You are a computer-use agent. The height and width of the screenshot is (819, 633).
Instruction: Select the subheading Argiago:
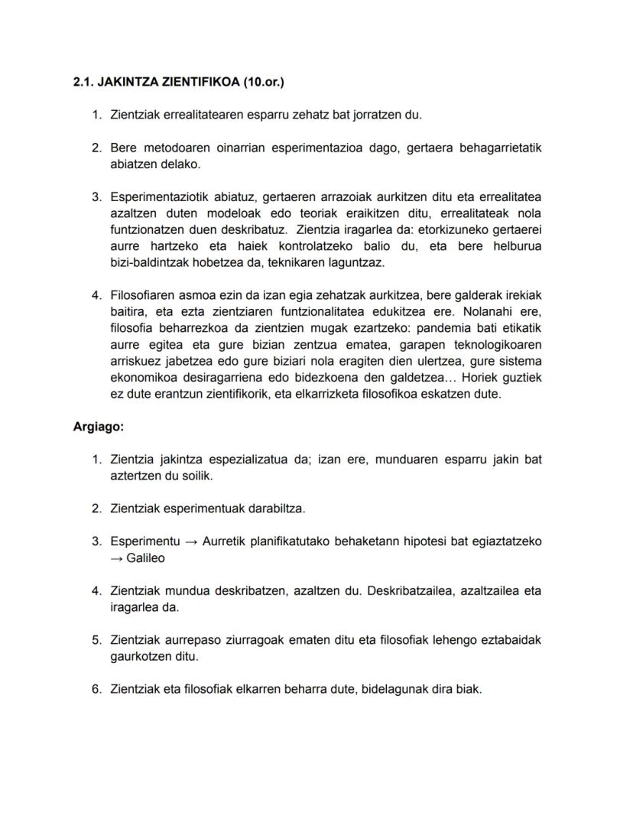click(x=98, y=427)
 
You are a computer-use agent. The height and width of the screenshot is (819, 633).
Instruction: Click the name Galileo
click(x=145, y=558)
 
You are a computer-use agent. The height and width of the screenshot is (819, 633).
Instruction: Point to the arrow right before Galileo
click(x=116, y=558)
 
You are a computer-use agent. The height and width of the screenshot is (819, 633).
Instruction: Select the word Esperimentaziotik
click(x=157, y=197)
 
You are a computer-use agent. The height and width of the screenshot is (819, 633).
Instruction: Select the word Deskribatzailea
click(x=411, y=590)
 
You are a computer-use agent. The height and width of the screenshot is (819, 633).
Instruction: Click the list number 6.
click(x=96, y=689)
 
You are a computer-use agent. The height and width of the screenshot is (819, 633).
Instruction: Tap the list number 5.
click(x=96, y=640)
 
